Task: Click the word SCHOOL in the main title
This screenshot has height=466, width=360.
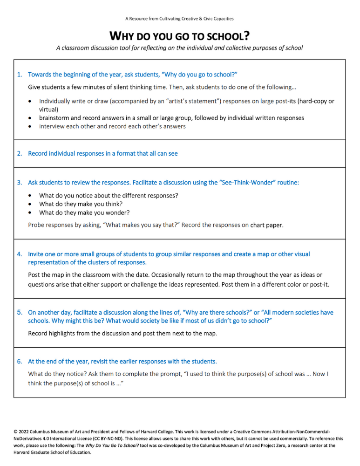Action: tap(223, 36)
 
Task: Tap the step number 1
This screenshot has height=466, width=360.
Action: tap(19, 74)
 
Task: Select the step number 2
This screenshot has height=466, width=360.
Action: tap(19, 153)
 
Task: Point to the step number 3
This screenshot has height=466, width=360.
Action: tap(19, 182)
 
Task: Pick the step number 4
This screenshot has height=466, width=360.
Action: tap(19, 254)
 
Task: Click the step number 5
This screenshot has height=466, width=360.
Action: tap(19, 312)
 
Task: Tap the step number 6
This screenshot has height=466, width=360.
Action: tap(19, 361)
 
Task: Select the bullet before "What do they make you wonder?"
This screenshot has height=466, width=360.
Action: tap(30, 212)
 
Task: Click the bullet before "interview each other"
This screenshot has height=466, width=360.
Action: tap(30, 126)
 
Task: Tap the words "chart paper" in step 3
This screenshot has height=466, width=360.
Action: tap(266, 225)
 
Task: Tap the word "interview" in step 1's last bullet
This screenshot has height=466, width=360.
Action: tap(53, 126)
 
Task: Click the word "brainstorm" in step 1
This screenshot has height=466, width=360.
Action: tap(55, 118)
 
